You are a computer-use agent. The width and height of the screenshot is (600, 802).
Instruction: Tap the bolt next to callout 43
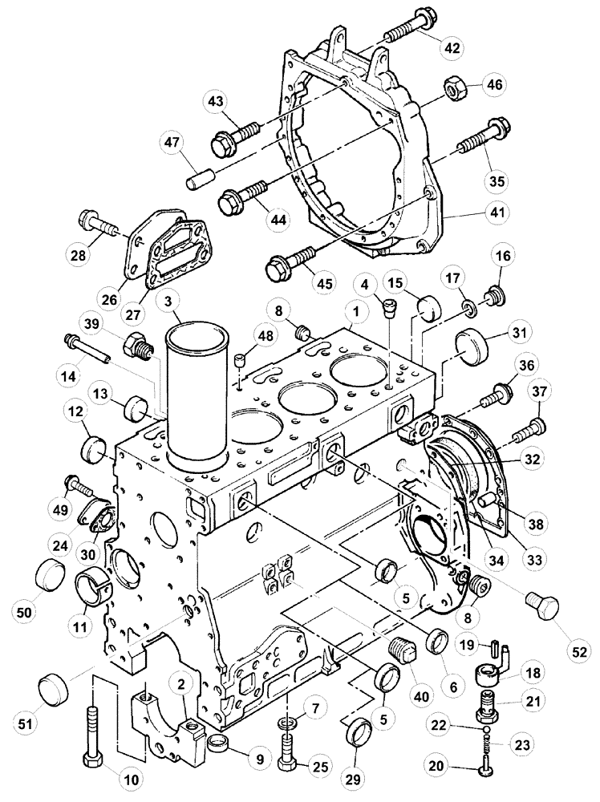[x=236, y=138]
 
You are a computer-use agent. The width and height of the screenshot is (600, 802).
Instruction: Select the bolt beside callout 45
[x=291, y=261]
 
